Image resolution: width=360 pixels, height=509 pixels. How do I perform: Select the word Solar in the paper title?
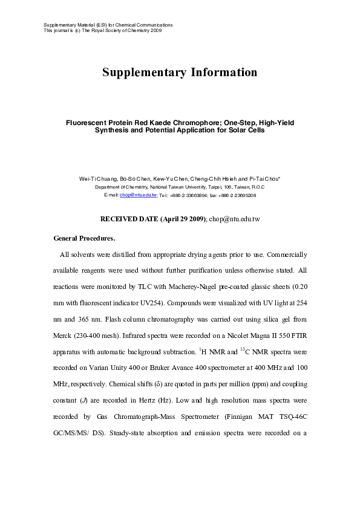point(234,130)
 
